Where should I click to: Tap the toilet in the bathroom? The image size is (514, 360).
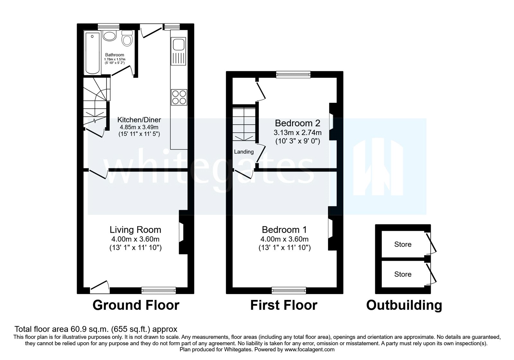[127, 40]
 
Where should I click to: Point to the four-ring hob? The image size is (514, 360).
[179, 97]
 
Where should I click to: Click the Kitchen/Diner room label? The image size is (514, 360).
[139, 120]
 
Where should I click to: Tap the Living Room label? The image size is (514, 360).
[135, 230]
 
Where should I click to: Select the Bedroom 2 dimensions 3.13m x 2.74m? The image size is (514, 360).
[297, 132]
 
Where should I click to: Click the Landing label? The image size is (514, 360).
[244, 152]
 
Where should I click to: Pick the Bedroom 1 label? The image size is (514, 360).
[284, 230]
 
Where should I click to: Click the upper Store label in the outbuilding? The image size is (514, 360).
[403, 244]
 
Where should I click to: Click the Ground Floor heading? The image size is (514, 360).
[136, 305]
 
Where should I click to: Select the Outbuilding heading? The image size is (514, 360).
[404, 305]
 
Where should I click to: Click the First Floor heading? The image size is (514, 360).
[284, 305]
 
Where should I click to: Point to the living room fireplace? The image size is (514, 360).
[182, 232]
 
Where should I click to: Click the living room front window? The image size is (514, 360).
[159, 291]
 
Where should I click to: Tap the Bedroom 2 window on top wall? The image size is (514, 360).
[294, 75]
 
